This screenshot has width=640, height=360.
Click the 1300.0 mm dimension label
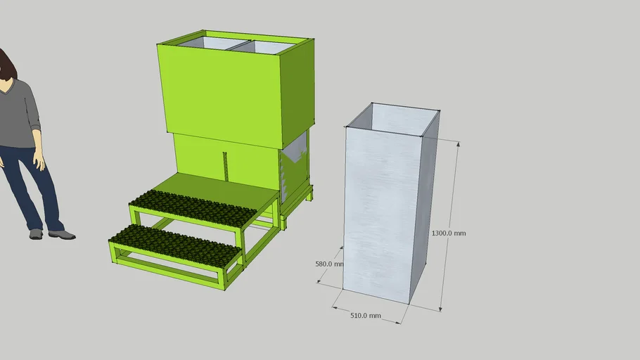(448, 233)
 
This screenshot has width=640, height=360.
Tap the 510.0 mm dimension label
(365, 316)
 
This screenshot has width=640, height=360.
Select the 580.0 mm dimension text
(328, 264)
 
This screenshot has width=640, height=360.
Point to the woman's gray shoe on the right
(62, 234)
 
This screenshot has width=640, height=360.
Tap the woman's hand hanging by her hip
(39, 162)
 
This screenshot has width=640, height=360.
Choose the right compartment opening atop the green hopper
(271, 47)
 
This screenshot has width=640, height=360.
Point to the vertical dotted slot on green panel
(225, 165)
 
